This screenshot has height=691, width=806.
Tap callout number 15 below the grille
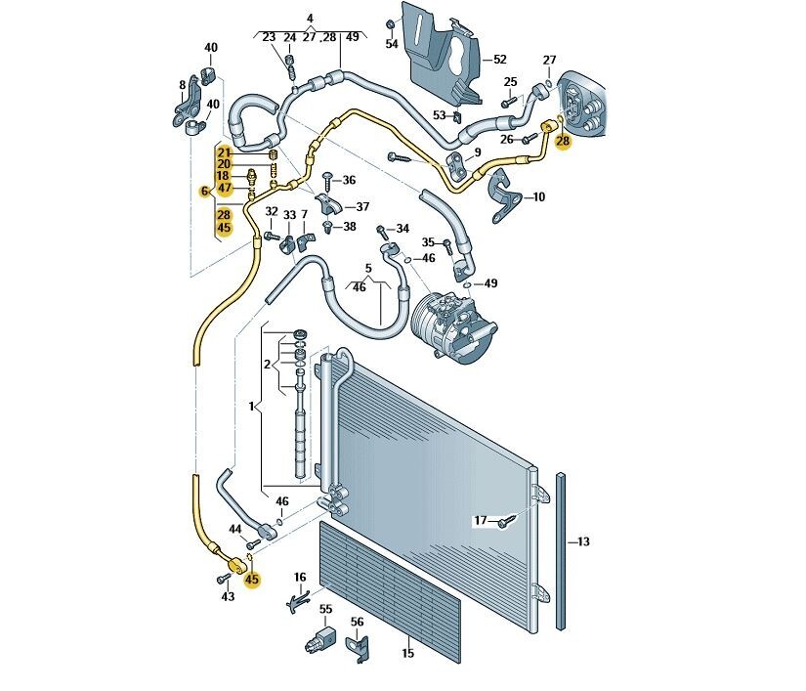point(407,653)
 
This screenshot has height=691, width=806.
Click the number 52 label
point(499,60)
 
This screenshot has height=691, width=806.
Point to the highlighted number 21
point(224,152)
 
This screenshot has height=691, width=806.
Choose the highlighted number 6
point(205,191)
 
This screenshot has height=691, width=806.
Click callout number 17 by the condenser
point(480,521)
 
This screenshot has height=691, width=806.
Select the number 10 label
point(538,196)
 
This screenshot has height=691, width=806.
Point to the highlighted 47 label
point(224,189)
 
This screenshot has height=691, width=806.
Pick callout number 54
point(392,45)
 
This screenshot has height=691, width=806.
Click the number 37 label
point(362,206)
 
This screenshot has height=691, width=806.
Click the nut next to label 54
point(390,23)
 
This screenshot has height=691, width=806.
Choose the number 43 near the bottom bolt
point(227,596)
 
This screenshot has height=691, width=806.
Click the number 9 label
point(478,152)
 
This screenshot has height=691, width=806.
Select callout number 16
point(300,578)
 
